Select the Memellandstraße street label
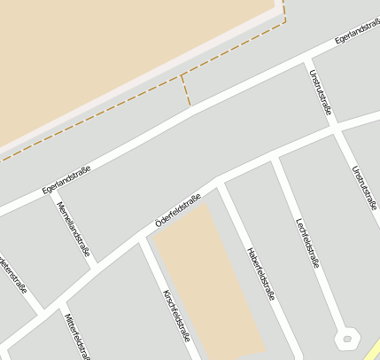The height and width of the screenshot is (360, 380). click(73, 229)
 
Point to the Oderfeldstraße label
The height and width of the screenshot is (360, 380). click(177, 210)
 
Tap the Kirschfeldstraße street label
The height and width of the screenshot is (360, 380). click(176, 315)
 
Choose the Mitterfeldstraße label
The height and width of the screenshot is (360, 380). click(77, 335)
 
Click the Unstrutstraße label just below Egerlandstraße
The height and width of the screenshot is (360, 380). click(320, 92)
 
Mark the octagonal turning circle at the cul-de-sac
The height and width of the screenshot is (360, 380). click(346, 338)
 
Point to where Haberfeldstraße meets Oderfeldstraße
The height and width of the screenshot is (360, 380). click(219, 180)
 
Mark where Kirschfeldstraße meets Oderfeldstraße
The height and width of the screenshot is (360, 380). click(143, 239)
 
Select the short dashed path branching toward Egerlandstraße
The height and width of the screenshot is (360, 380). click(185, 90)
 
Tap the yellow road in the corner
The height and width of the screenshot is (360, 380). click(372, 350)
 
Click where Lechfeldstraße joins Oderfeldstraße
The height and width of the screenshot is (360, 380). click(275, 157)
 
